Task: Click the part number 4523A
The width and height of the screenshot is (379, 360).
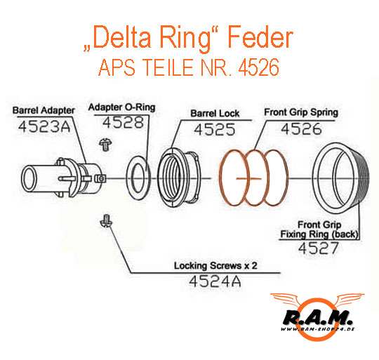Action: click(44, 126)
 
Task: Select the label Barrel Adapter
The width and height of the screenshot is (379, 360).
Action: click(44, 110)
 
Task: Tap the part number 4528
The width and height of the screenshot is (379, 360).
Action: click(123, 122)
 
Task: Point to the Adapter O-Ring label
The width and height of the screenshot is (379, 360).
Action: click(121, 107)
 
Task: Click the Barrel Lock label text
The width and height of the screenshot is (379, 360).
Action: click(215, 113)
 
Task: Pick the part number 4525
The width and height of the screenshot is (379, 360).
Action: click(214, 129)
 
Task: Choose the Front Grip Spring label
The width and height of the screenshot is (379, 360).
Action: click(301, 112)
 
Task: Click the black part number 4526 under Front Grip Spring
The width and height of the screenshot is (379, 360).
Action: click(301, 128)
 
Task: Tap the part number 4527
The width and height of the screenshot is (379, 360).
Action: click(319, 248)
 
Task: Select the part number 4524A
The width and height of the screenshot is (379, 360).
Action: click(215, 281)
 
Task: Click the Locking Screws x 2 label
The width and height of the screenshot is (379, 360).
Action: click(215, 265)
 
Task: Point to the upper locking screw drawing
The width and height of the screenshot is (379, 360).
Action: click(105, 145)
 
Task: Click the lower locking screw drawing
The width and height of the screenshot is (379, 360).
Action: click(106, 220)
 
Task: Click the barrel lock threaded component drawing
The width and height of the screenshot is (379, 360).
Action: click(179, 178)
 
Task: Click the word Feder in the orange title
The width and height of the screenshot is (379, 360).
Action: click(260, 37)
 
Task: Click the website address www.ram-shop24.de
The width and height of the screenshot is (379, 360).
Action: click(318, 329)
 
